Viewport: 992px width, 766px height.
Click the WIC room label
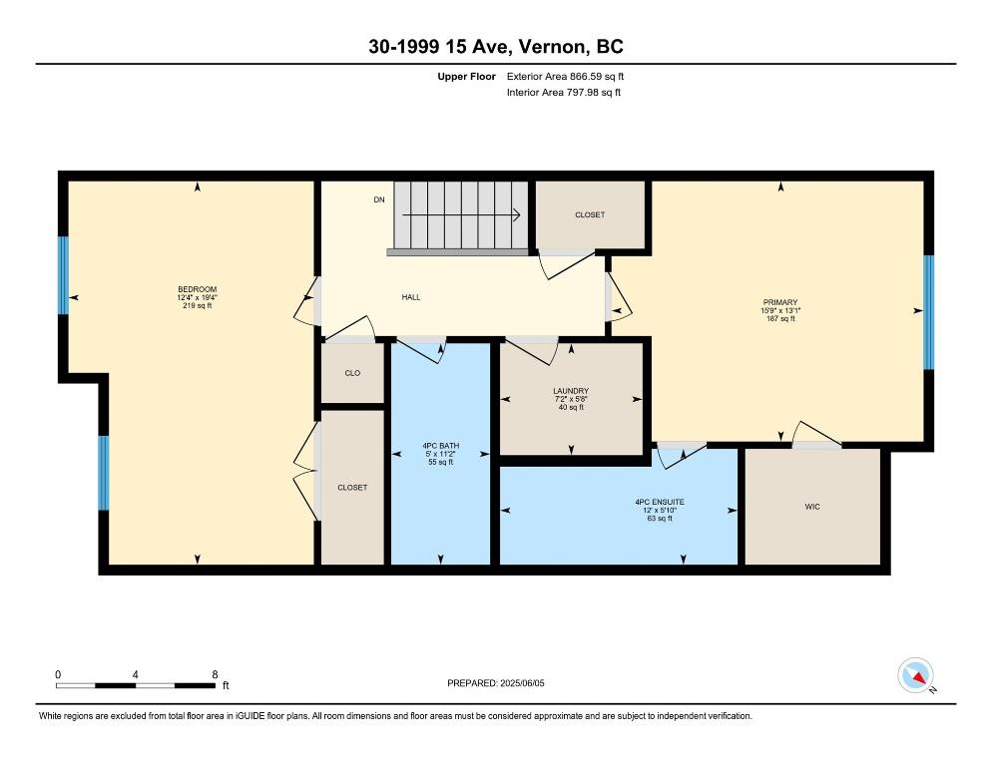click(x=812, y=507)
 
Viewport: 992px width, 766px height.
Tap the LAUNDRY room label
click(x=571, y=391)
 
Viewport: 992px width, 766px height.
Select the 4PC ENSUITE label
click(x=660, y=503)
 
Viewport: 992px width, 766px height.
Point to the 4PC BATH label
click(x=441, y=446)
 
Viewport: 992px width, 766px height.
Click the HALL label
click(x=411, y=297)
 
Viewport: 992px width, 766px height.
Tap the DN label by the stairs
click(x=379, y=199)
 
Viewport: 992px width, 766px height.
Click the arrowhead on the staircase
click(x=516, y=215)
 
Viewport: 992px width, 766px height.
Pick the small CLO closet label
click(x=352, y=373)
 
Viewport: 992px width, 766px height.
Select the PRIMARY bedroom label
click(x=780, y=302)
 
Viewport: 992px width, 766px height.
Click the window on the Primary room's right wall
click(x=929, y=312)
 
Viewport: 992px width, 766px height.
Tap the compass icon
click(x=915, y=675)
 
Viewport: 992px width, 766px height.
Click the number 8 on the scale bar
click(x=216, y=675)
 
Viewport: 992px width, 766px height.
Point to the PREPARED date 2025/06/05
click(x=522, y=683)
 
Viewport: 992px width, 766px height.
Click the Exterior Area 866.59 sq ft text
click(x=565, y=77)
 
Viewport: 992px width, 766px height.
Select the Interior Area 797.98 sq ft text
click(x=564, y=93)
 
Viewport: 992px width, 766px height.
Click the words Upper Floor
click(x=466, y=77)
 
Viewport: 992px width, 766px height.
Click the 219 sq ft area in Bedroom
click(x=197, y=305)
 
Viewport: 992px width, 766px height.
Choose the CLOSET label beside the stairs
click(x=590, y=215)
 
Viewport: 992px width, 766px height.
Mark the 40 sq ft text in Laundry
click(x=571, y=407)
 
